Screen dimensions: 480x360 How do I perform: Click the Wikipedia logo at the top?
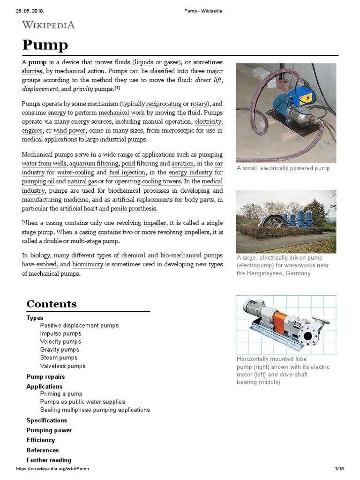point(48,25)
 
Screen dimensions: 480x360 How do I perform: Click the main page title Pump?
point(45,45)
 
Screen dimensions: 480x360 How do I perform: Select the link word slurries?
point(32,71)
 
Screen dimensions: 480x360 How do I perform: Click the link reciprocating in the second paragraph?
point(164,104)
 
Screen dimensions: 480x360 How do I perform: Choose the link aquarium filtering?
point(94,164)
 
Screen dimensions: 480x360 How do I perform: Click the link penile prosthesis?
point(134,208)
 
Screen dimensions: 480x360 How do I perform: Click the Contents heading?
point(52,304)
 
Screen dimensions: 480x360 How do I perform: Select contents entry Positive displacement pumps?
point(79,325)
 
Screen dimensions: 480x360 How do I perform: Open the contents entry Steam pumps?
point(59,358)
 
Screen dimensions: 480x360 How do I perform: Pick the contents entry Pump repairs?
point(45,376)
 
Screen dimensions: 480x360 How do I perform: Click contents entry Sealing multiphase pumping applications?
point(95,410)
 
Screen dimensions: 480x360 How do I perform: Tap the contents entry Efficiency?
point(41,440)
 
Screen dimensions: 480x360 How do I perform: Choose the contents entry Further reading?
point(49,460)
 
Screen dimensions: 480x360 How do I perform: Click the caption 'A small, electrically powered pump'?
point(283,168)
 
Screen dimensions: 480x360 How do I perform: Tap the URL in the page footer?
point(52,469)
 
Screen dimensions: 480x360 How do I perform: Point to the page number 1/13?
point(339,469)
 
